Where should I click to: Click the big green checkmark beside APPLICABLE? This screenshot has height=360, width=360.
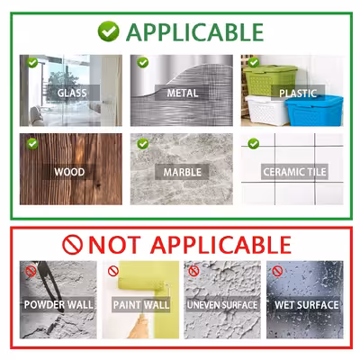click(108, 31)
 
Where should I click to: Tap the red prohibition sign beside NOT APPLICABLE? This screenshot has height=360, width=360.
click(72, 245)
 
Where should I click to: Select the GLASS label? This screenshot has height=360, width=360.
click(72, 93)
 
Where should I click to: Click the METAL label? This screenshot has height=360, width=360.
click(183, 93)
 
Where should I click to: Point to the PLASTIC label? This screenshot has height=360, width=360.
click(298, 94)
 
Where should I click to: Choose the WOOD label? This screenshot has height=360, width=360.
click(69, 172)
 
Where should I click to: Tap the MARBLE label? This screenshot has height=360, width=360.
click(182, 172)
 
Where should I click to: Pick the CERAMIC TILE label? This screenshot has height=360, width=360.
click(294, 172)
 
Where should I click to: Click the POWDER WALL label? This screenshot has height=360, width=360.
click(58, 305)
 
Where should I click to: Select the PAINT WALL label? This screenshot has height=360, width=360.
click(141, 305)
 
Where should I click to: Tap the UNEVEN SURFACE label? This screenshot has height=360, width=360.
click(222, 305)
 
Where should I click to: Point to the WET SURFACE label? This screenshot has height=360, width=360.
click(307, 305)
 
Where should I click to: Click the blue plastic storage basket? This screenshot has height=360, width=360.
click(314, 110)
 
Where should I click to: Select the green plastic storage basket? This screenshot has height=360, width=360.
click(270, 80)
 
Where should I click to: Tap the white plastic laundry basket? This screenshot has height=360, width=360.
click(266, 110)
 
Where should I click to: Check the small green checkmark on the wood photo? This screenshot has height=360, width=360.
click(32, 144)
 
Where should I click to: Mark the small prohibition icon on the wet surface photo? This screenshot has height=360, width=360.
click(277, 271)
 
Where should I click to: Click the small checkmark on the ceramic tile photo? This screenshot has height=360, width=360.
click(254, 144)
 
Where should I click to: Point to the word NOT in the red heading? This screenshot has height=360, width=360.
click(114, 245)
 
